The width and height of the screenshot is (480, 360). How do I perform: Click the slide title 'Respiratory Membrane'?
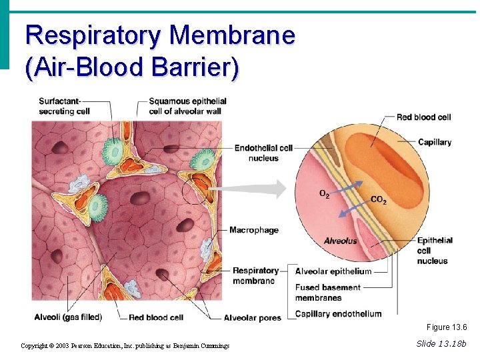click(160, 35)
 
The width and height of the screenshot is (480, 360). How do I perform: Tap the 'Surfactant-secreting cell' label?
click(64, 106)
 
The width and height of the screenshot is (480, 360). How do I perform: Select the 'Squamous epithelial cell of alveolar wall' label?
click(187, 106)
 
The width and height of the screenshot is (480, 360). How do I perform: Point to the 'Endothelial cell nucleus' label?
click(263, 153)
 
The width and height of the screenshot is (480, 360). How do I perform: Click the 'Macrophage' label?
click(253, 230)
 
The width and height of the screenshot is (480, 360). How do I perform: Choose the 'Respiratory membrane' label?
click(255, 275)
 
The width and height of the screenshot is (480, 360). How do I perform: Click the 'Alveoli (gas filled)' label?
click(74, 318)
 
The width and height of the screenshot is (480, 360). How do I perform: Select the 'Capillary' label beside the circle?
click(434, 142)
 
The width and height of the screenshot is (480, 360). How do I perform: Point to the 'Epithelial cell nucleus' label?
click(435, 250)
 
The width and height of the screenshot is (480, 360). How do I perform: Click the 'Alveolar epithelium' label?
click(333, 271)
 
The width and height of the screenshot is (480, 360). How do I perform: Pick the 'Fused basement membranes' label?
click(327, 293)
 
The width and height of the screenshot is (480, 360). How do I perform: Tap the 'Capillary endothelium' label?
click(338, 314)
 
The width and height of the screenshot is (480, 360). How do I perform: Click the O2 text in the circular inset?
click(324, 194)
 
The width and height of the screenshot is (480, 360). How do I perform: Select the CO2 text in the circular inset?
click(378, 200)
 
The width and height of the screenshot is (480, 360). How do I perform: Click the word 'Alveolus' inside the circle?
click(340, 241)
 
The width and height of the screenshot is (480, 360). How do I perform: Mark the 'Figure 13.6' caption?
click(447, 327)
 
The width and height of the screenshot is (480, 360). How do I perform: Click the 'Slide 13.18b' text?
click(441, 343)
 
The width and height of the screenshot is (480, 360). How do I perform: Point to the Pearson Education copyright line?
click(125, 345)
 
